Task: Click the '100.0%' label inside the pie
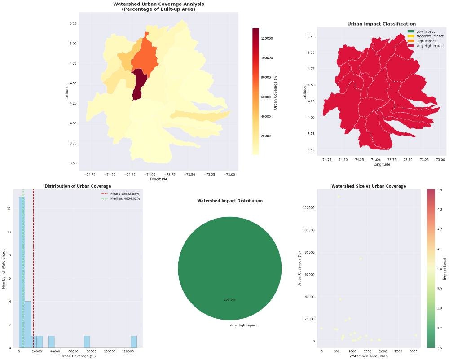click(x=229, y=299)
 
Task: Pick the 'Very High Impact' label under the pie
click(x=243, y=325)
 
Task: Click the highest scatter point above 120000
click(x=339, y=196)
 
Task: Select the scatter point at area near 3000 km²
click(x=415, y=335)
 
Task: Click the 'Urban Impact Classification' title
click(x=381, y=24)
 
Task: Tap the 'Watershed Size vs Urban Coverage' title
click(x=368, y=186)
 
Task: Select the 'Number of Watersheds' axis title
click(x=4, y=269)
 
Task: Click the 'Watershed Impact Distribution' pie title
click(x=229, y=201)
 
